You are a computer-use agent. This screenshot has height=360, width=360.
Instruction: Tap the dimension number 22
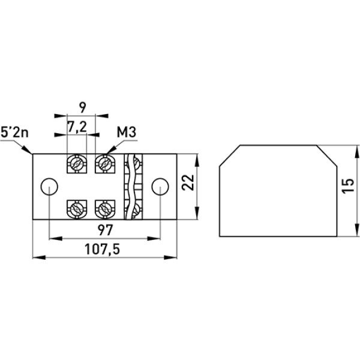coord(188,183)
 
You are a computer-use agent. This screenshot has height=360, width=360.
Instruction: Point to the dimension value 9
coord(83,107)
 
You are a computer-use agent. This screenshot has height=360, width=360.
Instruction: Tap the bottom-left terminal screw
coord(76,209)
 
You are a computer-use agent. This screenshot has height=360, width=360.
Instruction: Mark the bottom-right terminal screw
coord(104,209)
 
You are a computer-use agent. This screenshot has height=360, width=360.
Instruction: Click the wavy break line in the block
coord(128,186)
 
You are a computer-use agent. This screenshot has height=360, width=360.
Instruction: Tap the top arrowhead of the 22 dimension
coord(196,157)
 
